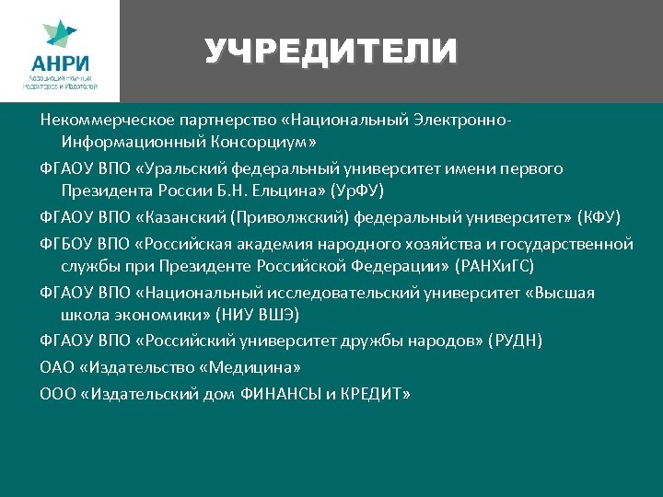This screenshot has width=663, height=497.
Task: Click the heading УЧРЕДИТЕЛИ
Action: [331, 51]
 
